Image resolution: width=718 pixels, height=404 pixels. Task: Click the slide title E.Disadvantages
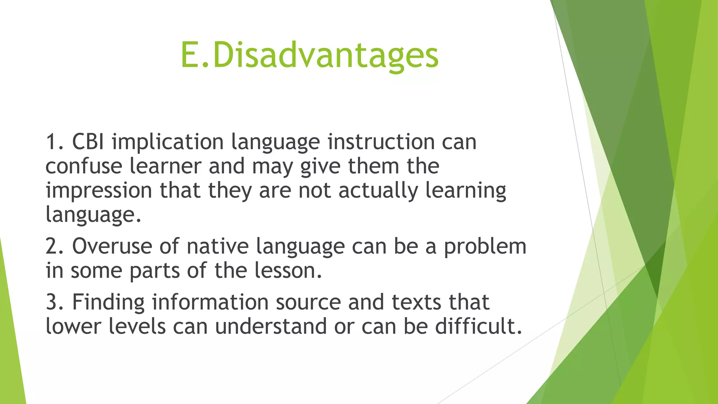click(309, 55)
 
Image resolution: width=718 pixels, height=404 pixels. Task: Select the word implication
click(168, 143)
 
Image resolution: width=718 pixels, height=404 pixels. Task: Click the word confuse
click(83, 166)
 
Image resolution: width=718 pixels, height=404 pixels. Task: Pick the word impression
click(99, 191)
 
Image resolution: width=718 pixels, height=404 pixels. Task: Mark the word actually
click(378, 191)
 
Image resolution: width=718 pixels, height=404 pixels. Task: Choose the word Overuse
click(112, 246)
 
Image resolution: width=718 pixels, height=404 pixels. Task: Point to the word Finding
click(108, 302)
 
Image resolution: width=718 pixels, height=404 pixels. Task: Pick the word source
click(308, 302)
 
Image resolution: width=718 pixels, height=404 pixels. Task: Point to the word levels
click(137, 326)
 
